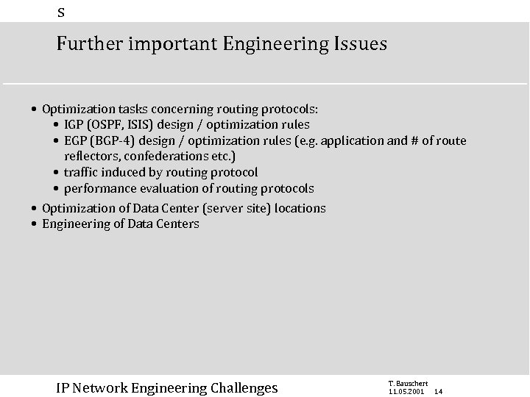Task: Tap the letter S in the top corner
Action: pyautogui.click(x=61, y=12)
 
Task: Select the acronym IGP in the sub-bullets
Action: pyautogui.click(x=74, y=124)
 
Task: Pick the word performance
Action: pyautogui.click(x=98, y=188)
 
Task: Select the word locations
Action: pyautogui.click(x=300, y=208)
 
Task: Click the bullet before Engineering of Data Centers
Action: pyautogui.click(x=35, y=224)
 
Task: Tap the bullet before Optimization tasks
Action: pyautogui.click(x=35, y=109)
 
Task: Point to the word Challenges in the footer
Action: pyautogui.click(x=244, y=387)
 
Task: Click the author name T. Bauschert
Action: pyautogui.click(x=407, y=383)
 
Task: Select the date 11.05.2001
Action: pyautogui.click(x=406, y=391)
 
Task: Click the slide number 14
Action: pyautogui.click(x=438, y=392)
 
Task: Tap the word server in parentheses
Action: pyautogui.click(x=226, y=208)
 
